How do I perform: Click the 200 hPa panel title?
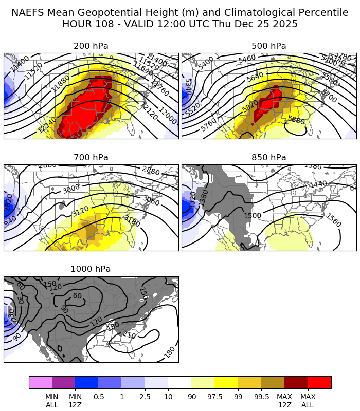tap(91, 46)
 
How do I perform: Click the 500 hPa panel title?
tap(269, 46)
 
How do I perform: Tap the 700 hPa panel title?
tap(91, 158)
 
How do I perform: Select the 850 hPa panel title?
tap(269, 158)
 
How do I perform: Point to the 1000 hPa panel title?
tap(91, 269)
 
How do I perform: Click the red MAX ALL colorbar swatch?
tap(319, 382)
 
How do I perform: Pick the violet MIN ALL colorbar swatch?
tap(41, 382)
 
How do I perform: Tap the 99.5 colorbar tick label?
tap(261, 397)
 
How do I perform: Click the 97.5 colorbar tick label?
tap(214, 397)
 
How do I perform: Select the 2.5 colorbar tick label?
tap(145, 397)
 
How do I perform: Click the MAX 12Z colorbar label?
tap(284, 401)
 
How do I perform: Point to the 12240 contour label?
tap(48, 123)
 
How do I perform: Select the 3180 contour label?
tap(132, 220)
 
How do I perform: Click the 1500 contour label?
tap(253, 216)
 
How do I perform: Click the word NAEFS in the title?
tap(29, 13)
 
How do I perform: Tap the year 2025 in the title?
tap(284, 24)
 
